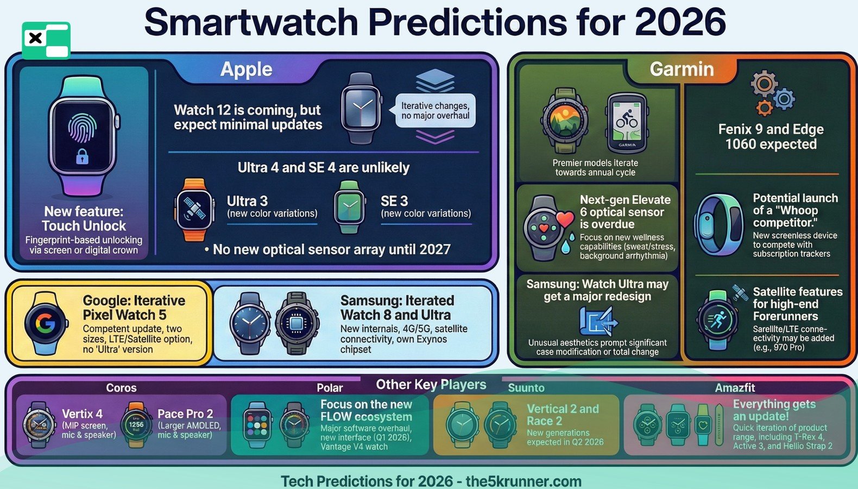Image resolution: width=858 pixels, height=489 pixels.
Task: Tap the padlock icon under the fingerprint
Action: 82,156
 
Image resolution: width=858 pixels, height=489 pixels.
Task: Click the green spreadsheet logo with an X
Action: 46,41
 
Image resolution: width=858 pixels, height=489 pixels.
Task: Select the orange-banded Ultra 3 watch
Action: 194,209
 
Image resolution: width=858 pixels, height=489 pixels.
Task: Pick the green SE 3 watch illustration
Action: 349,206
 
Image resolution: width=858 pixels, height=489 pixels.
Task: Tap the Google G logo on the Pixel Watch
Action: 46,323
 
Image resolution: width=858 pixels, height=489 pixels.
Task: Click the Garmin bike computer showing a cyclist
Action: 626,123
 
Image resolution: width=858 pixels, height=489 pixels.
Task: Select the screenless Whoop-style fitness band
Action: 719,225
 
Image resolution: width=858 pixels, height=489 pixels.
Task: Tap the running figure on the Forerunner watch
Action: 718,319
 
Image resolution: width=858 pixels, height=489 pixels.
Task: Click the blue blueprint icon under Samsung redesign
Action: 598,322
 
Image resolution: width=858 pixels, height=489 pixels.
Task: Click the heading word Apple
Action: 247,70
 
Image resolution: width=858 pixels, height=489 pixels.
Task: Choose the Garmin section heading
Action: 682,70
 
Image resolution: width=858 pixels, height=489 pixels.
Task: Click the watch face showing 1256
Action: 136,425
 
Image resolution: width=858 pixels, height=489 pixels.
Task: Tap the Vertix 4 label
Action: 82,414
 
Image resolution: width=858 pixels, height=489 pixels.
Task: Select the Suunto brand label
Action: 526,388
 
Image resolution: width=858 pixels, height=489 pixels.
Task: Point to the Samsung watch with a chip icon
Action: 297,323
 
